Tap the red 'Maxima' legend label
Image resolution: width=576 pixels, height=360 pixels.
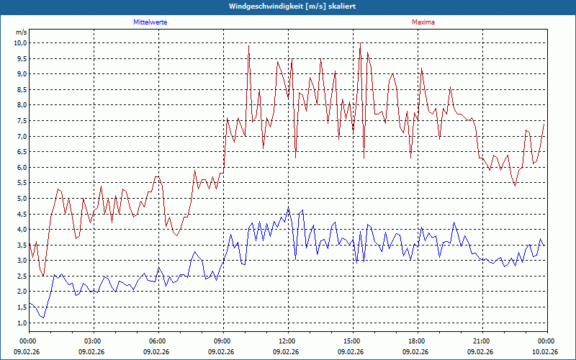tap(423, 22)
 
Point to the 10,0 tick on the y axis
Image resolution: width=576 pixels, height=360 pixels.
tap(19, 42)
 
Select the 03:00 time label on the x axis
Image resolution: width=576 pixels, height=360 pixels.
tap(93, 341)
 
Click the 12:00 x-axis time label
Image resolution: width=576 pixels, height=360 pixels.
tap(287, 341)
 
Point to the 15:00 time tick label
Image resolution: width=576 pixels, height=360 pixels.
tap(352, 341)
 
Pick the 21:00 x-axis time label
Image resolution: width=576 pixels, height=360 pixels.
tap(482, 341)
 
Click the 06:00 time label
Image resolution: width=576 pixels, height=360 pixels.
tap(158, 341)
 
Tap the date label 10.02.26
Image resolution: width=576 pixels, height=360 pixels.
tap(546, 352)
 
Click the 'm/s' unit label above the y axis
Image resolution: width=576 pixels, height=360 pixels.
tap(21, 32)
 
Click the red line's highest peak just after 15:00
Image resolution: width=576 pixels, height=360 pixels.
tap(360, 43)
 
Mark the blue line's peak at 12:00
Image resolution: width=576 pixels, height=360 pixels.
tap(288, 209)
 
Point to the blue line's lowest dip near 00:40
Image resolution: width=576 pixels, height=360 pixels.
tap(43, 318)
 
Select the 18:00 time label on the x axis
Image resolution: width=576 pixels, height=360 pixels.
tap(417, 341)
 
